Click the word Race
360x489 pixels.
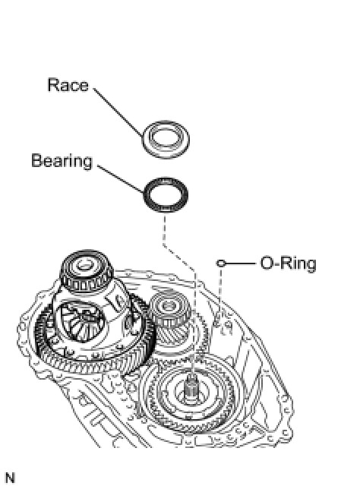pos(68,85)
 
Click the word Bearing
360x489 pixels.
pos(62,161)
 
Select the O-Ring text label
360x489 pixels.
pos(289,263)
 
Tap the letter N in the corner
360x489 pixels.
pos(10,478)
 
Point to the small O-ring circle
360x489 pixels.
pos(220,263)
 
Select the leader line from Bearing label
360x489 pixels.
pos(120,178)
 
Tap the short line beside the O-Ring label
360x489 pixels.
pos(239,263)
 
